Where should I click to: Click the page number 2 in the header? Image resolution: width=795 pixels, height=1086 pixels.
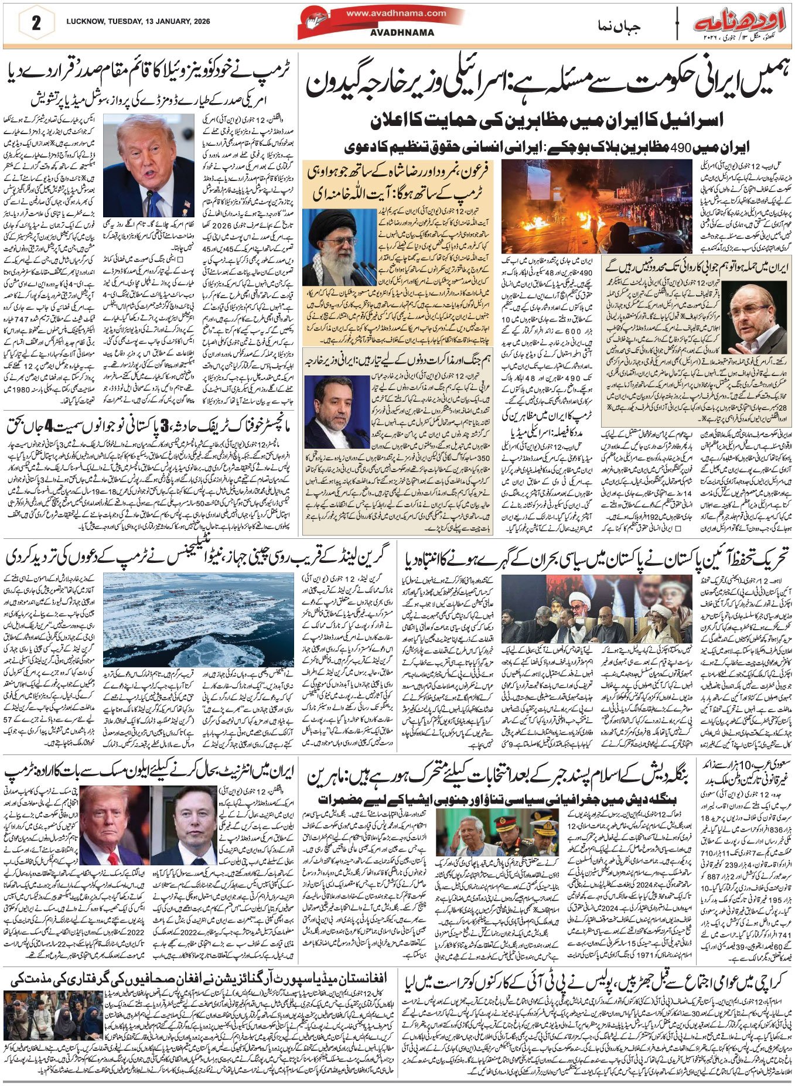tap(36, 24)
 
